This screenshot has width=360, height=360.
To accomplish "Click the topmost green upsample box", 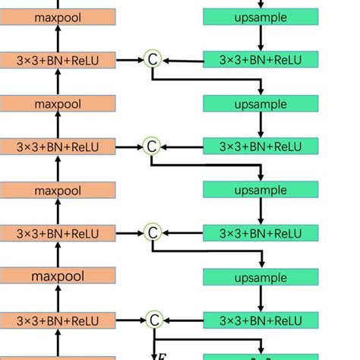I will pyautogui.click(x=261, y=16).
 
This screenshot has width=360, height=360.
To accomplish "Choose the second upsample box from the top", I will pyautogui.click(x=261, y=103).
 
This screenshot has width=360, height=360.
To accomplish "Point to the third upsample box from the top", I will pyautogui.click(x=261, y=189).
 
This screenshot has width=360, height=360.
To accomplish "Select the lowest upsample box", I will pyautogui.click(x=261, y=277).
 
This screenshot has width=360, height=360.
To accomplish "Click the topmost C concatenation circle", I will pyautogui.click(x=152, y=58).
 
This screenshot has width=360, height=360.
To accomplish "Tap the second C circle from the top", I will pyautogui.click(x=152, y=145).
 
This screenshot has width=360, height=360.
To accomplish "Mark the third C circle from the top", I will pyautogui.click(x=152, y=232).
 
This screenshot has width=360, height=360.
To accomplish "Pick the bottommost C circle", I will pyautogui.click(x=152, y=320).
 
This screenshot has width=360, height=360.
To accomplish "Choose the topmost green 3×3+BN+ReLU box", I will pyautogui.click(x=261, y=59).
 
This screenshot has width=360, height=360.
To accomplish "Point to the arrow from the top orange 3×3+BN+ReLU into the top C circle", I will pyautogui.click(x=129, y=58).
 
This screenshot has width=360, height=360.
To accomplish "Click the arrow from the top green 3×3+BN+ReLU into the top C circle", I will pyautogui.click(x=182, y=59).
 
